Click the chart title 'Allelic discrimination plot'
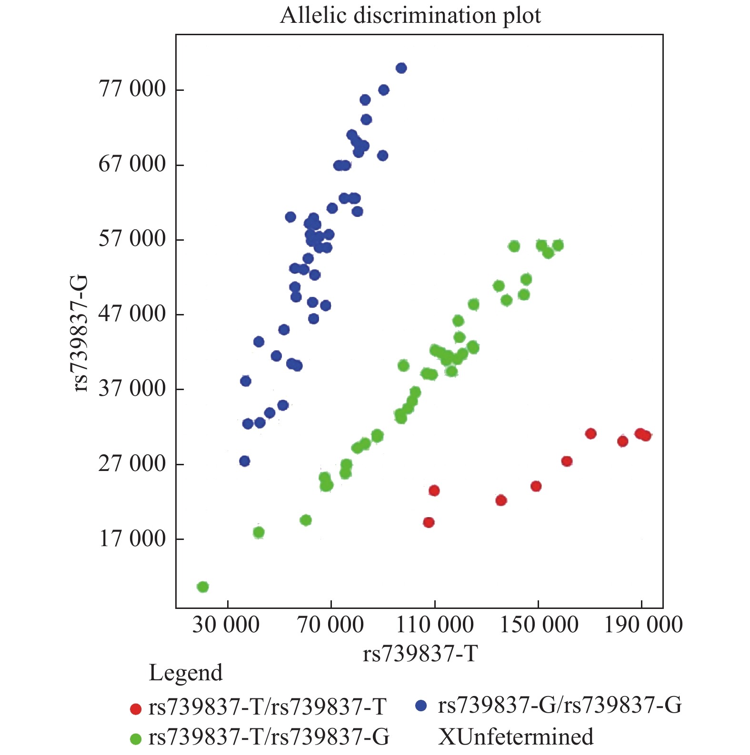(410, 15)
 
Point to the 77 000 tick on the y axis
(132, 89)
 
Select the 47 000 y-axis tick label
(132, 314)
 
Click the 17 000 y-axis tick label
(132, 539)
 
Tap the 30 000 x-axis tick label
(226, 625)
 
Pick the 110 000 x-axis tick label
(435, 625)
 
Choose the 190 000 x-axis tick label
(643, 625)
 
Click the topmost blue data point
(401, 68)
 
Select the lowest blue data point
(245, 461)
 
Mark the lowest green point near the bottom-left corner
(203, 587)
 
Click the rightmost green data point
(558, 245)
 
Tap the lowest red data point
(429, 522)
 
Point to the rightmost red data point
(646, 435)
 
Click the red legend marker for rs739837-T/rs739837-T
(136, 709)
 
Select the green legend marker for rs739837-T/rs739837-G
(136, 739)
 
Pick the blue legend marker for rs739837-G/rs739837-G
(420, 706)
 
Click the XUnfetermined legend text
(516, 737)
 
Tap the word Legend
(186, 673)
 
